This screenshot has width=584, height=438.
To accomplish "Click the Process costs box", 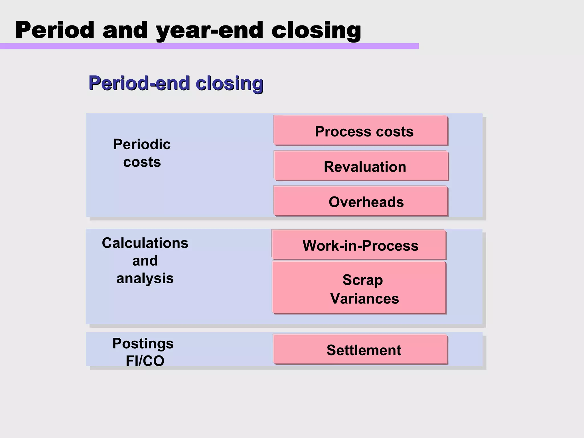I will (x=360, y=130).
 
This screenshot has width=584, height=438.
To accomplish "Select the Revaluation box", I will (x=361, y=166).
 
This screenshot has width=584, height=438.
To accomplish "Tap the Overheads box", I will (x=360, y=201).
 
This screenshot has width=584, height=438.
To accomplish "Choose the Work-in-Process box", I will (x=359, y=245).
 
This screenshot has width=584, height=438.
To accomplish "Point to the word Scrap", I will (x=363, y=280).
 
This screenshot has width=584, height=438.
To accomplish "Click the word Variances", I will (x=364, y=299).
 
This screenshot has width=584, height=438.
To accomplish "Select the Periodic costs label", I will (x=142, y=153).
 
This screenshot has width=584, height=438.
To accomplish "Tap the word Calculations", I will (x=145, y=243).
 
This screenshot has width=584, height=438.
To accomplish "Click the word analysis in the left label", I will (x=145, y=278).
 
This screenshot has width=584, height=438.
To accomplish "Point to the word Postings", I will (x=143, y=343).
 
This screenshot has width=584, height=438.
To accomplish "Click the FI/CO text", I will (x=145, y=361).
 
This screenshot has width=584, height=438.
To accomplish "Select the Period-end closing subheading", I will (x=176, y=83).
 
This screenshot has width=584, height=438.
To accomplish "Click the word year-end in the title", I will (x=209, y=31).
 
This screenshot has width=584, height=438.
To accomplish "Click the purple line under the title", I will (x=209, y=46).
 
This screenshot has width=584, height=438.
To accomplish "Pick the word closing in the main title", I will (x=316, y=31).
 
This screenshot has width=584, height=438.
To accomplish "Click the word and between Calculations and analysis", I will (x=145, y=261).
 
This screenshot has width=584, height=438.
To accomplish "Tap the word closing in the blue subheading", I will (x=230, y=83).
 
